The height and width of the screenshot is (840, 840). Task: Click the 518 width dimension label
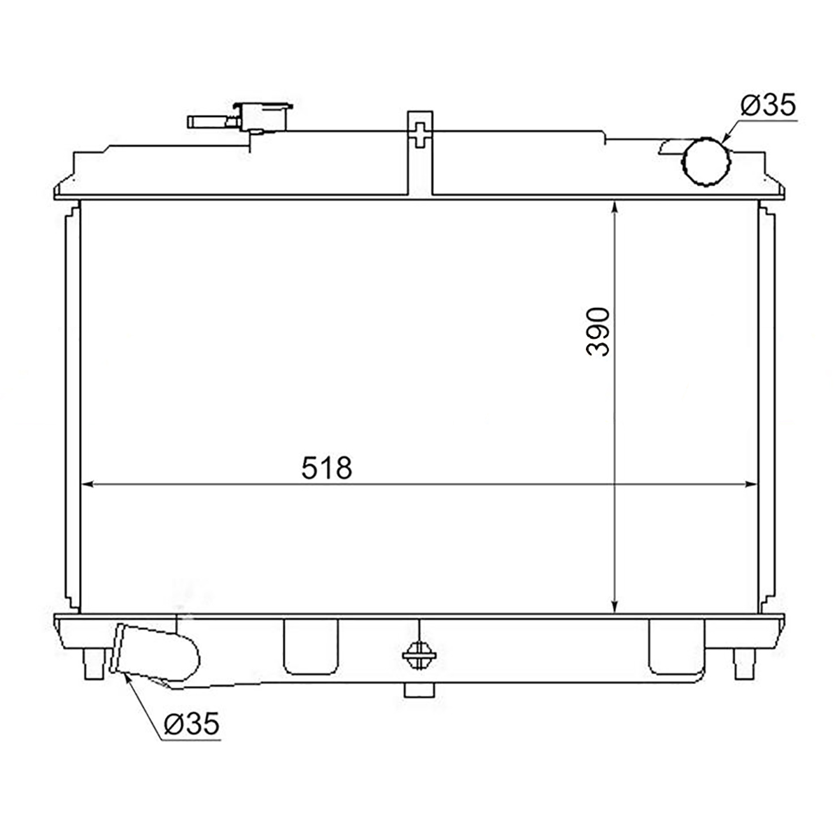click(x=326, y=468)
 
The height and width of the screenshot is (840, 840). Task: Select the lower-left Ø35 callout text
click(x=191, y=724)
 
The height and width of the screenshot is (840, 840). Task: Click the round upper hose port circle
click(x=706, y=162)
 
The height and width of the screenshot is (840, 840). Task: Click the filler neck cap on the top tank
click(x=263, y=117)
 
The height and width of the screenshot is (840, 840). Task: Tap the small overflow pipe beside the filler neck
click(x=213, y=122)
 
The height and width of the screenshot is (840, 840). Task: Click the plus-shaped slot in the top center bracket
click(x=420, y=134)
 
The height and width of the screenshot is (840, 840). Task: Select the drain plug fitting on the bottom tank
click(x=419, y=657)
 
